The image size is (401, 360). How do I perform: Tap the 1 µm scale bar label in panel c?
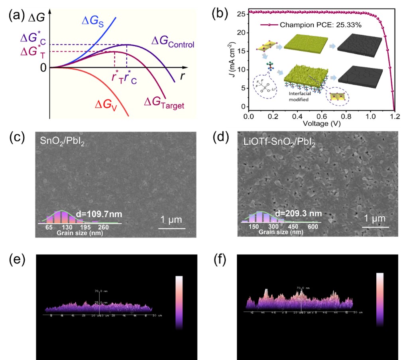click(x=172, y=220)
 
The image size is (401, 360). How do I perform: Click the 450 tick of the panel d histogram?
click(x=294, y=227)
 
